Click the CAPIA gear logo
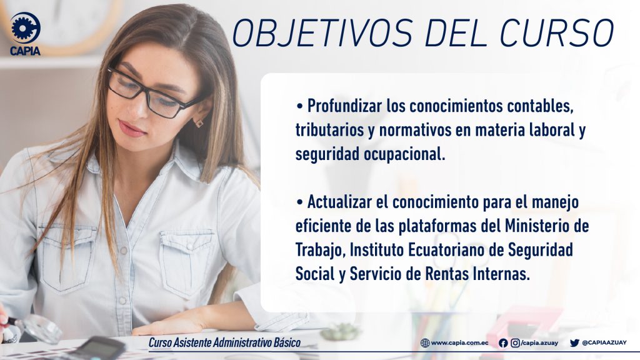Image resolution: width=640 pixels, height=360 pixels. pyautogui.click(x=26, y=27)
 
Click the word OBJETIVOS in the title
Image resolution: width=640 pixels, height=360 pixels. pyautogui.click(x=322, y=32)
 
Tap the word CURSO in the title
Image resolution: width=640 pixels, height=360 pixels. pyautogui.click(x=557, y=32)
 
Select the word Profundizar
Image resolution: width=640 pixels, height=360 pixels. pyautogui.click(x=344, y=106)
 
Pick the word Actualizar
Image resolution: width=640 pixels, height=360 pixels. pyautogui.click(x=339, y=202)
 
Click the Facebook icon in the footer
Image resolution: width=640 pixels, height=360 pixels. pyautogui.click(x=503, y=343)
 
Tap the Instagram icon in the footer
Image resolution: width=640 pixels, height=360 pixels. pyautogui.click(x=516, y=343)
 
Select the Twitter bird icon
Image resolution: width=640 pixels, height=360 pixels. pyautogui.click(x=575, y=343)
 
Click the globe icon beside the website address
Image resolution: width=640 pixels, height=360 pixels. pyautogui.click(x=425, y=343)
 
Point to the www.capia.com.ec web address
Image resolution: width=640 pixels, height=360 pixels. pyautogui.click(x=460, y=343)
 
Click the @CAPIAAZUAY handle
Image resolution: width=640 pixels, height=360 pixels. pyautogui.click(x=604, y=343)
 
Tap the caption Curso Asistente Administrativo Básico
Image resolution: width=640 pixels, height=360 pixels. pyautogui.click(x=224, y=342)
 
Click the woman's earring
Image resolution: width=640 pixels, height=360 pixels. pyautogui.click(x=199, y=122)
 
